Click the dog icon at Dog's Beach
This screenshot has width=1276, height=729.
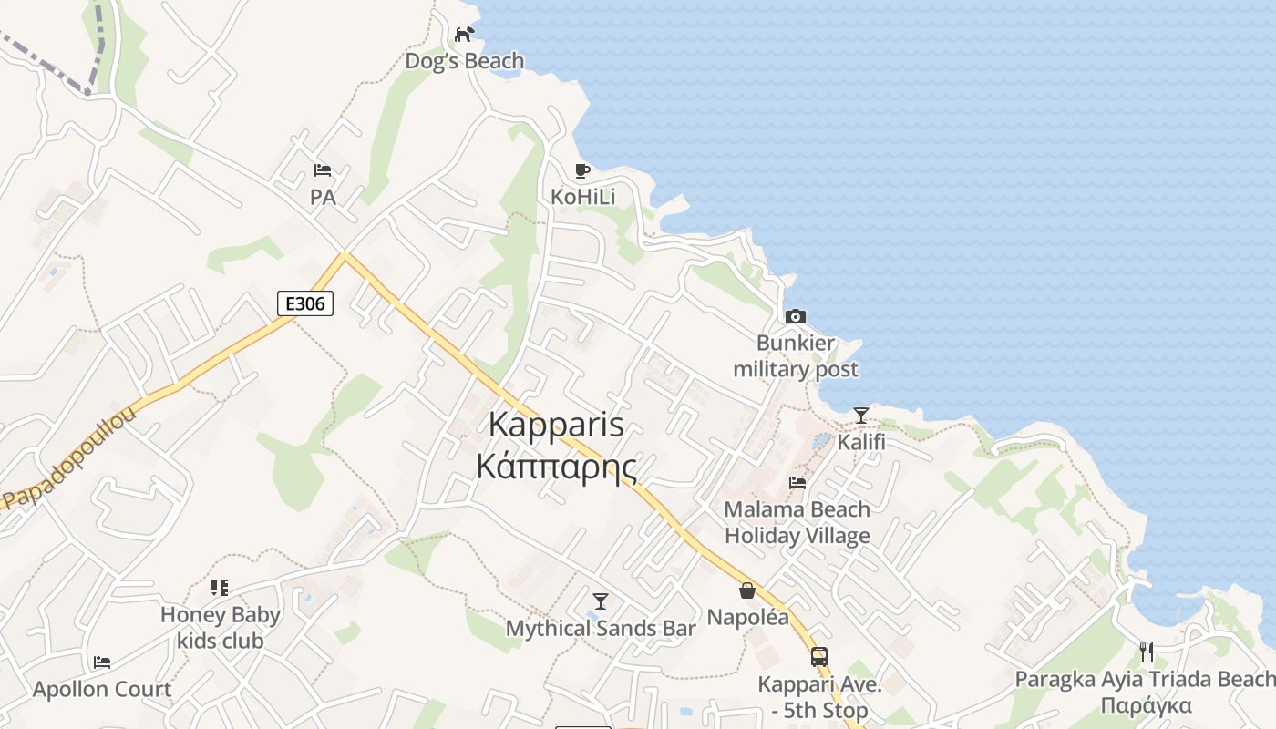tap(465, 34)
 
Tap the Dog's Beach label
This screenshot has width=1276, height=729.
tap(465, 61)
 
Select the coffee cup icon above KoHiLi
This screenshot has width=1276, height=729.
tap(582, 170)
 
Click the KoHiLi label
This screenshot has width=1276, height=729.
tap(583, 197)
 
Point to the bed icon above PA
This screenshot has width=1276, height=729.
tap(323, 170)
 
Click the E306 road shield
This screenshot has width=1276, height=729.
tap(305, 303)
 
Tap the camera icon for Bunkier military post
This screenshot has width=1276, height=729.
tap(796, 316)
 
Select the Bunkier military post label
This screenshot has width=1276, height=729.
tap(796, 356)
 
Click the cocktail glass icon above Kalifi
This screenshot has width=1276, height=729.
tap(861, 416)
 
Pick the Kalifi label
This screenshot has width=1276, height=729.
tap(861, 443)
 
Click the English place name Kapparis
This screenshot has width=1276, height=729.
tap(556, 424)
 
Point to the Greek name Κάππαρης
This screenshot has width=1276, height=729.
tap(556, 465)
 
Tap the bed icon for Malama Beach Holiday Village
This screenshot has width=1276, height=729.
tap(797, 482)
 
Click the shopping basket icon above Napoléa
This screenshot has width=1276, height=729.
tap(747, 590)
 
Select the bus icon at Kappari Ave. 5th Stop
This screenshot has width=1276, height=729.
tap(819, 656)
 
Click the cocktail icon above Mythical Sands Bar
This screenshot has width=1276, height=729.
tap(601, 601)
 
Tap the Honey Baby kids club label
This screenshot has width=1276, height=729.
tap(221, 628)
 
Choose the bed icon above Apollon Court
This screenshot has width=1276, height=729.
tap(102, 662)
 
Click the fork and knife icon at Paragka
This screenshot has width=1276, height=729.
tap(1147, 652)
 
